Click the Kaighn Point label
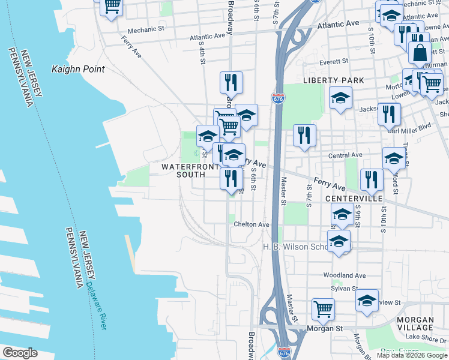[x=78, y=69]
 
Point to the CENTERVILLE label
[x=354, y=198]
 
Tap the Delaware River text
[x=96, y=306]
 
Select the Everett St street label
[x=334, y=61]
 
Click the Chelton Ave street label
[x=252, y=224]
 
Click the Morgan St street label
[x=324, y=328]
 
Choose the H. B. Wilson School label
[x=295, y=247]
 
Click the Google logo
[x=20, y=353]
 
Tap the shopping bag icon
[x=420, y=53]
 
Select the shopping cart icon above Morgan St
[x=323, y=310]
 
